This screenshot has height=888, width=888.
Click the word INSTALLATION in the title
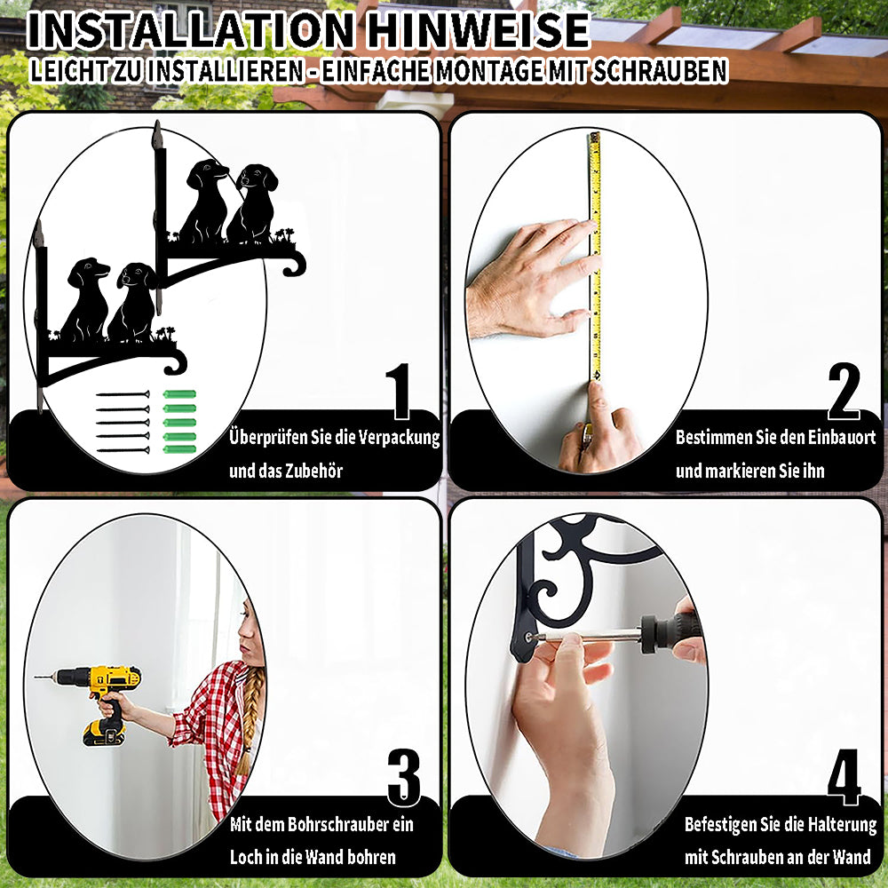(x=191, y=30)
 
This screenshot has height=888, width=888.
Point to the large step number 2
(x=844, y=392)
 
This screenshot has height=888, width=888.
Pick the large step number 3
(x=404, y=778)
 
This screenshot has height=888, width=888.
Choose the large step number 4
(x=844, y=777)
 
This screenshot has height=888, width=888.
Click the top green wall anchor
(x=179, y=394)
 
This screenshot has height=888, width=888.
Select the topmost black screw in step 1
(x=123, y=394)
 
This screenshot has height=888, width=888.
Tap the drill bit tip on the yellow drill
(x=36, y=677)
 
